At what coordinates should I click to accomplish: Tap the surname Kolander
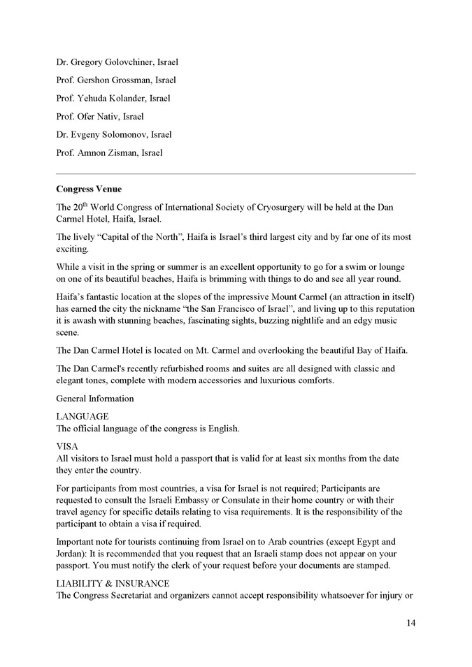coord(124,99)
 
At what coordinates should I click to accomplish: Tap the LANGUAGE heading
coord(83,416)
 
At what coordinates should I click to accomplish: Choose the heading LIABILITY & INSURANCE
coord(113,583)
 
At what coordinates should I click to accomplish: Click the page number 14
coord(410,623)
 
